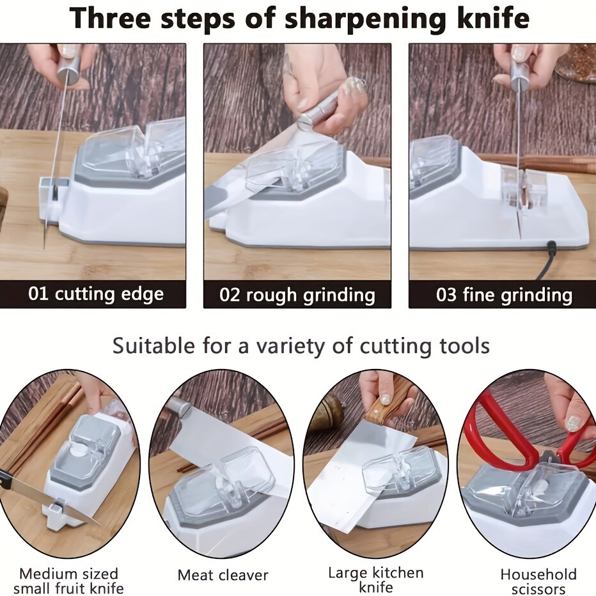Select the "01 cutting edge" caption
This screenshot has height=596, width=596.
tap(96, 295)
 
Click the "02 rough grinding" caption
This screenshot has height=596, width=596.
tap(297, 295)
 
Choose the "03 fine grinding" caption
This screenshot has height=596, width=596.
tap(503, 295)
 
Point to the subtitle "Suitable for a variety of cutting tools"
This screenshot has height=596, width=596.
tap(301, 346)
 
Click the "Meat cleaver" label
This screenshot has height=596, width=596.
tap(223, 575)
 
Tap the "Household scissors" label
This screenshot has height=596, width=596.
tap(538, 581)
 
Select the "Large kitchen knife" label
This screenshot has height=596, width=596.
tap(375, 580)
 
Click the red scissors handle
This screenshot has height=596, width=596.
tap(505, 428)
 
